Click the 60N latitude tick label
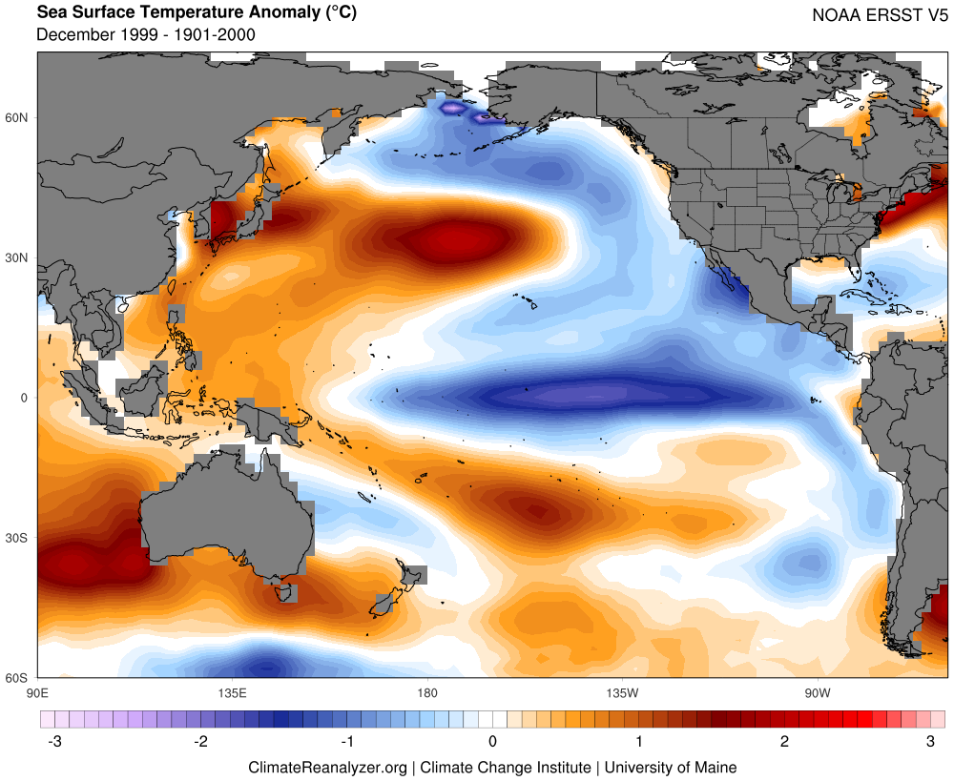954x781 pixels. coord(19,117)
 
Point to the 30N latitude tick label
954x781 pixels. coord(19,257)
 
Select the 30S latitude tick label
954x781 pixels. coord(19,538)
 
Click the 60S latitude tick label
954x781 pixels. coord(19,678)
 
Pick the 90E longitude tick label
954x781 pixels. coord(37,691)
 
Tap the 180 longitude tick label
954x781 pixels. coord(426,691)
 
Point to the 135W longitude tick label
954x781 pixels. coord(621,691)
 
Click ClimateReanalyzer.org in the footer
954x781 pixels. coord(328,767)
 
